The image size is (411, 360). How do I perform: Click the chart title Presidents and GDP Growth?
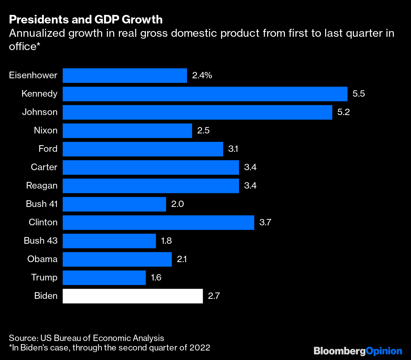[86, 20]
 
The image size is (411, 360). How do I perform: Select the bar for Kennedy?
[205, 94]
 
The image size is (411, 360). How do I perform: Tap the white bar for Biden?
[133, 296]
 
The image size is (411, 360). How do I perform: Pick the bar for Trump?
[104, 278]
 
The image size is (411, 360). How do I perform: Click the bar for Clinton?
[158, 222]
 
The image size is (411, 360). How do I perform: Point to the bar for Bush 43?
[109, 241]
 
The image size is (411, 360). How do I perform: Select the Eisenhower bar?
[125, 75]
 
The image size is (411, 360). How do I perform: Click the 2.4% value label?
[202, 75]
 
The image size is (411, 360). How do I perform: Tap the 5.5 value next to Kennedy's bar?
[359, 94]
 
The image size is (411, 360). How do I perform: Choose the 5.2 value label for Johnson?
[343, 112]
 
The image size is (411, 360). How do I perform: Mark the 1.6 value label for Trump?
[156, 278]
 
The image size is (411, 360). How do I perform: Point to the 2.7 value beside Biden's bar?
[214, 296]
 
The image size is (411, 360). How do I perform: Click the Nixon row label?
[46, 131]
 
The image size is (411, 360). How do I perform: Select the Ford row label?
[48, 149]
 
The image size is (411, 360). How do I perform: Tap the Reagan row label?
[42, 186]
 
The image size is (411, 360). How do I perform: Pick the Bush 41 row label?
[42, 204]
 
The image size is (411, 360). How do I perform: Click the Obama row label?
[42, 259]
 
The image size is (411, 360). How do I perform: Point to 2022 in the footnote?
[200, 348]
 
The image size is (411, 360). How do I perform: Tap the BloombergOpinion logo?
[358, 351]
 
